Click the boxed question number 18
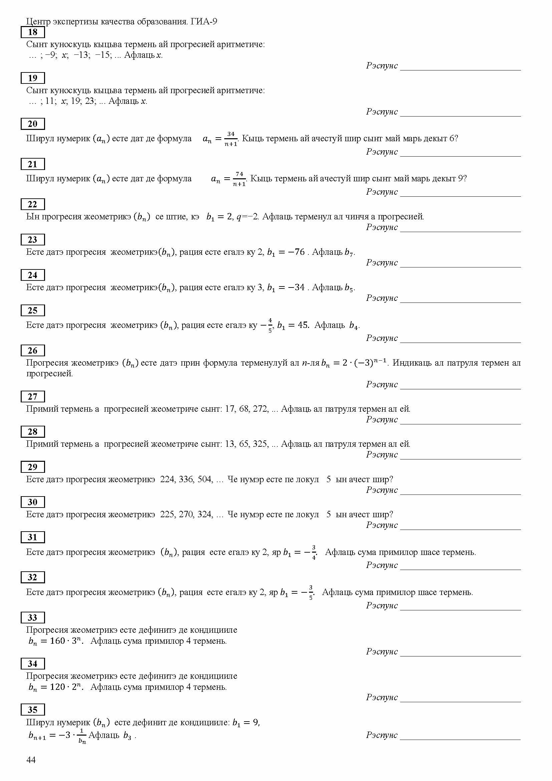(x=33, y=32)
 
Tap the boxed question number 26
(x=33, y=350)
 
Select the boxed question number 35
(x=33, y=709)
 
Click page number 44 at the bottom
(x=31, y=760)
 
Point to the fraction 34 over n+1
(x=231, y=139)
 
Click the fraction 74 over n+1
(x=239, y=179)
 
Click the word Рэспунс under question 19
(x=382, y=112)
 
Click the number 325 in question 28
(x=261, y=444)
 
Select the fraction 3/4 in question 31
(x=314, y=552)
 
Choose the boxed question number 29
(x=33, y=467)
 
